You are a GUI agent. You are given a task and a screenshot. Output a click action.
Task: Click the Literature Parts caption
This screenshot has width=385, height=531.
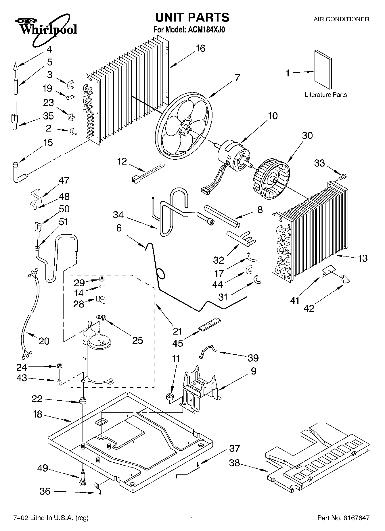326,95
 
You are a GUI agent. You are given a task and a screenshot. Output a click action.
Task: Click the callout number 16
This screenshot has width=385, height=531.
200,48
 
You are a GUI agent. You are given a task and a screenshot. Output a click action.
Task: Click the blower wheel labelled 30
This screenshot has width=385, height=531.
271,179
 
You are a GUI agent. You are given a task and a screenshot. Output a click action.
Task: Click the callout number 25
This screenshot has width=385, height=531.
137,340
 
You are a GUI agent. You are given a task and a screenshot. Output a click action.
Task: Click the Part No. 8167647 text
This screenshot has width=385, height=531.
343,518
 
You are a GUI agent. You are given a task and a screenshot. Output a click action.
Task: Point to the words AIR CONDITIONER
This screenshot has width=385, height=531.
341,19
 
